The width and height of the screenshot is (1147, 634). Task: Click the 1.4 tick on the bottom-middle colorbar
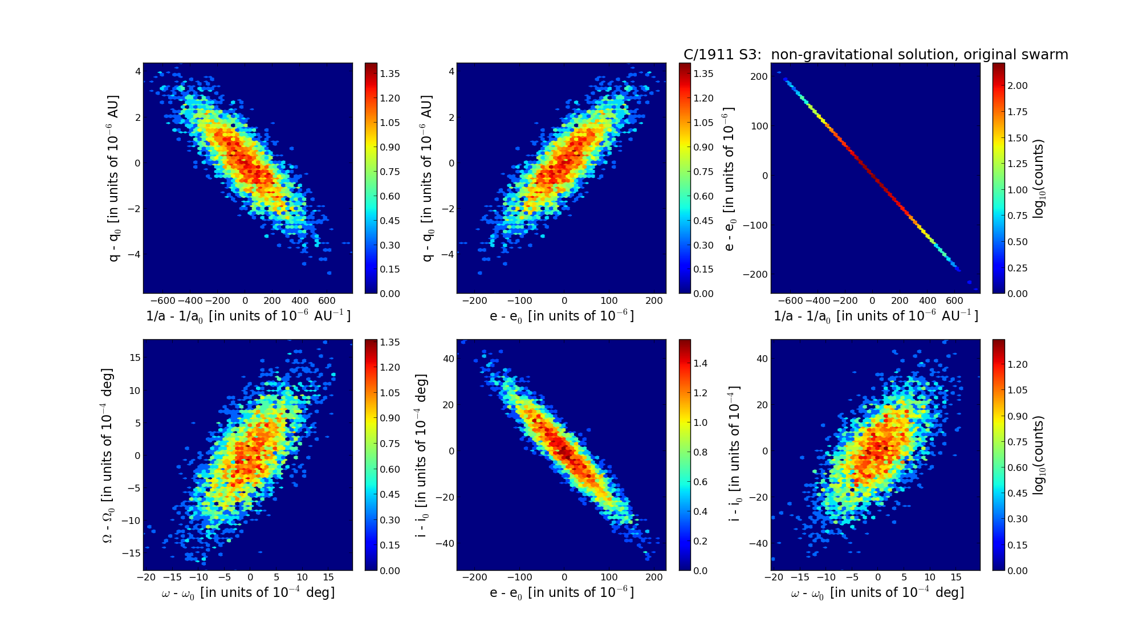(x=699, y=363)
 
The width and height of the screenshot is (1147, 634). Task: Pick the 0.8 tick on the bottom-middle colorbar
(x=699, y=452)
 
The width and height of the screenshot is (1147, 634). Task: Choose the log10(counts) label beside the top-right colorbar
(x=1039, y=178)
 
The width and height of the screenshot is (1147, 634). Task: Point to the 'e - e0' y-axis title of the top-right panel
(x=730, y=178)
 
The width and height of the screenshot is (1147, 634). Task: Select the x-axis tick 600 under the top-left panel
(x=327, y=300)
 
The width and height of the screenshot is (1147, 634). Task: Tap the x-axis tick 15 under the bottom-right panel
(x=955, y=577)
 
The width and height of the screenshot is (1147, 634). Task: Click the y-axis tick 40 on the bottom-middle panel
(x=448, y=359)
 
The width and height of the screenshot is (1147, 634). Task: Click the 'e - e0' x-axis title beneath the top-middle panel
(x=562, y=316)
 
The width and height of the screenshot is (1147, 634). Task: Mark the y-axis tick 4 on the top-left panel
(x=137, y=71)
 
